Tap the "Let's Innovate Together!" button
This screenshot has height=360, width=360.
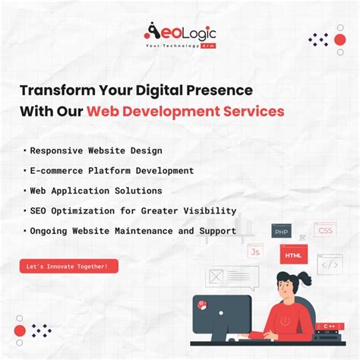[x=68, y=266]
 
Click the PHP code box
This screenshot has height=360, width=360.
[x=281, y=231]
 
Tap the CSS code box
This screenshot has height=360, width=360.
[x=325, y=229]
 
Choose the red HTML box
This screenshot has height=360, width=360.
[x=294, y=254]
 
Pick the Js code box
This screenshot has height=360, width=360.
[x=255, y=250]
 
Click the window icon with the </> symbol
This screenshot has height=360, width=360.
[x=330, y=264]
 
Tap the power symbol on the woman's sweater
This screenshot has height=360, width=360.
[x=284, y=321]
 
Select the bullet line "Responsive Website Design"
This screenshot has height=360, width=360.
[x=96, y=150]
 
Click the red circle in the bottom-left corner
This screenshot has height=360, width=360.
[x=20, y=330]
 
